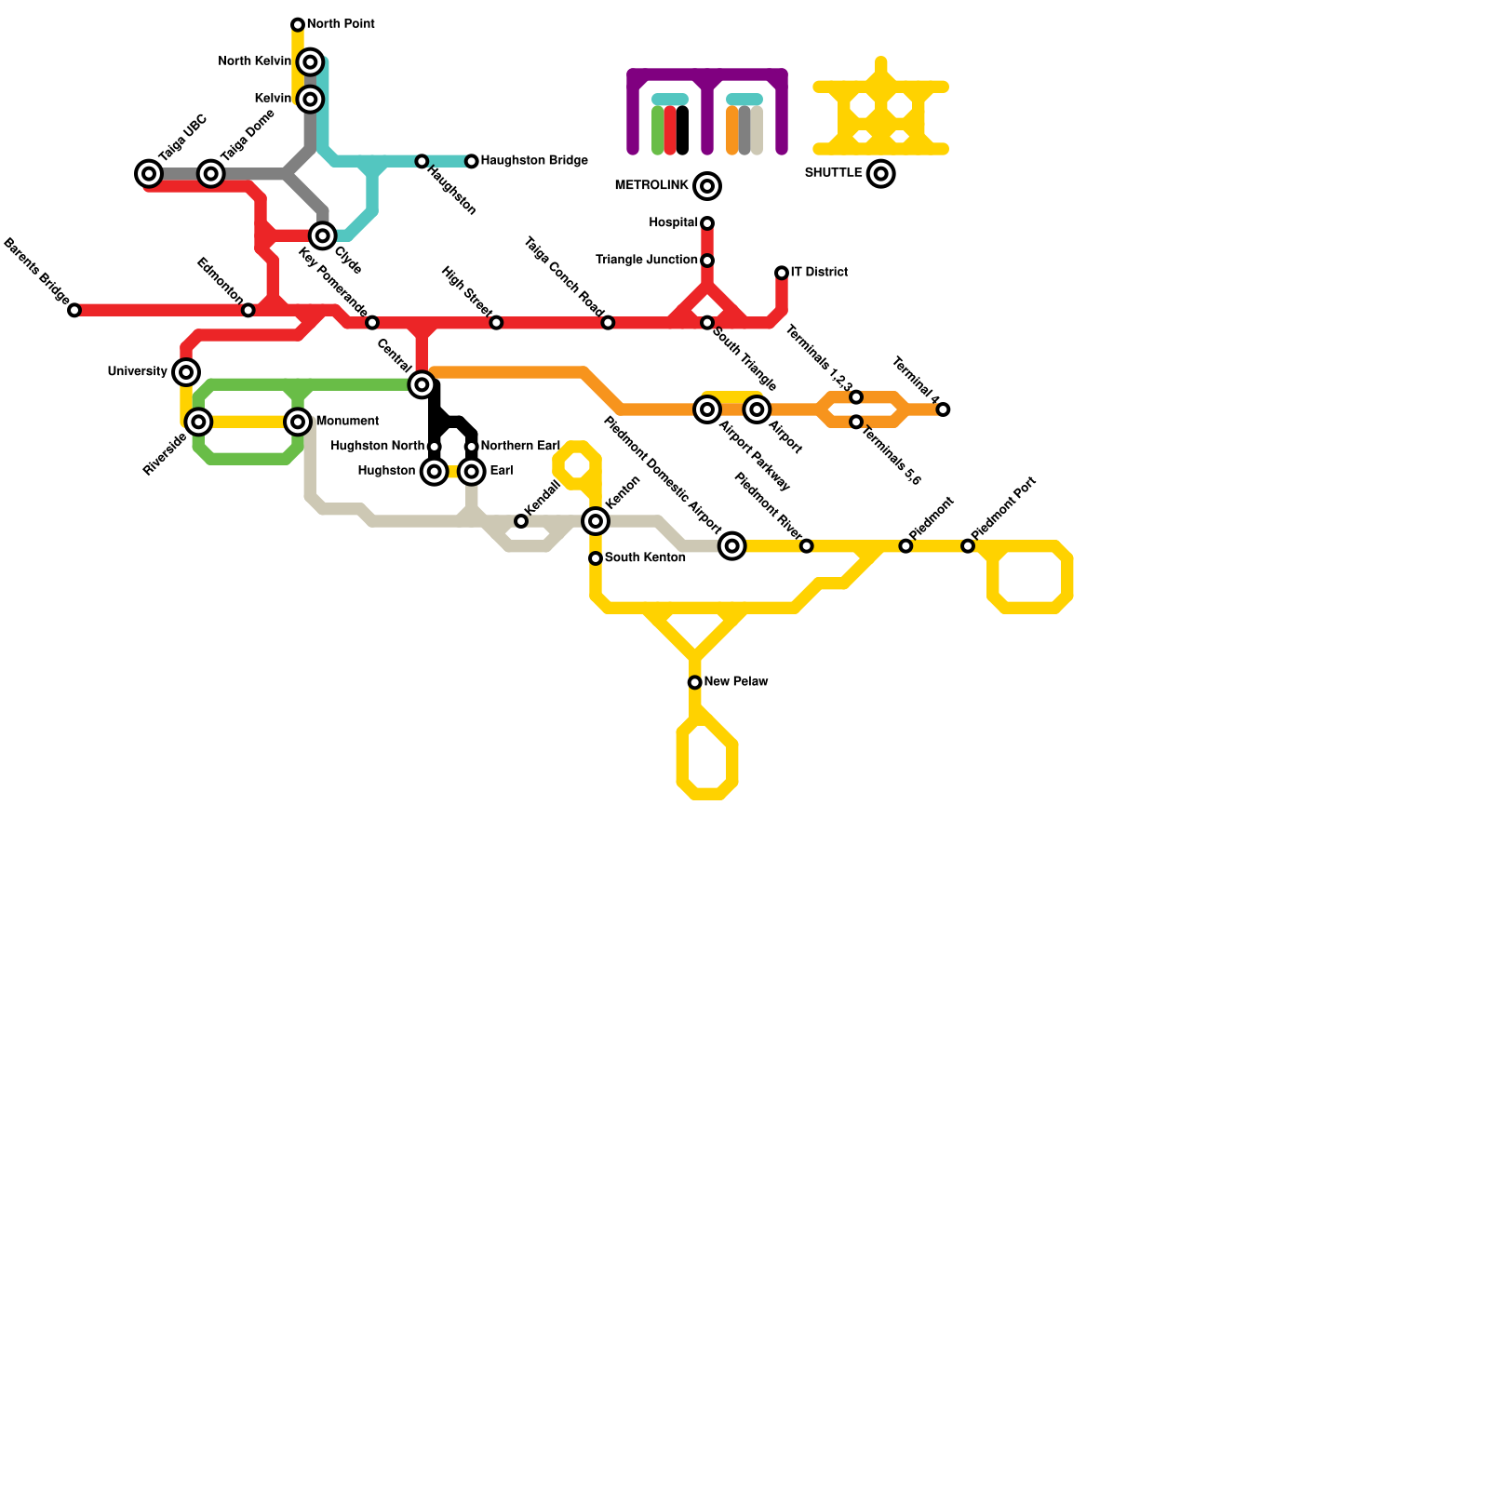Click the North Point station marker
point(298,24)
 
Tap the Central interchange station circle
point(422,384)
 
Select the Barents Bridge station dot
point(74,310)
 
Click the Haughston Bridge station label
point(534,161)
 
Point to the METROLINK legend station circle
point(707,186)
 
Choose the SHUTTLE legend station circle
point(880,174)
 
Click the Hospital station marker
point(707,223)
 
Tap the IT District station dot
point(782,273)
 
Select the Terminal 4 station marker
point(943,409)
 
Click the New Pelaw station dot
point(695,682)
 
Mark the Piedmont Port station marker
point(968,546)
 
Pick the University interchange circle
point(186,372)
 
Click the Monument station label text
point(347,422)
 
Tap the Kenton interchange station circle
point(596,521)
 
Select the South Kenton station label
point(645,558)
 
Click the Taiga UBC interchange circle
point(149,174)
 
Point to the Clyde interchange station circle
point(323,235)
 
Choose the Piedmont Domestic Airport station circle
point(732,546)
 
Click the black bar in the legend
point(682,130)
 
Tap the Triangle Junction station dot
point(707,261)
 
